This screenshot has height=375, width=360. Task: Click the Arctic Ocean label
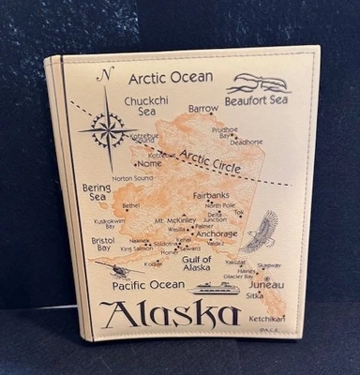pos(171,77)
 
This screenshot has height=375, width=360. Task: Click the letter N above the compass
pos(108,75)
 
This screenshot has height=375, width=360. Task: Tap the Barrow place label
pos(202,110)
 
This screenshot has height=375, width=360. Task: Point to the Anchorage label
pos(217,233)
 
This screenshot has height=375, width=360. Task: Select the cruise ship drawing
pos(215,288)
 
